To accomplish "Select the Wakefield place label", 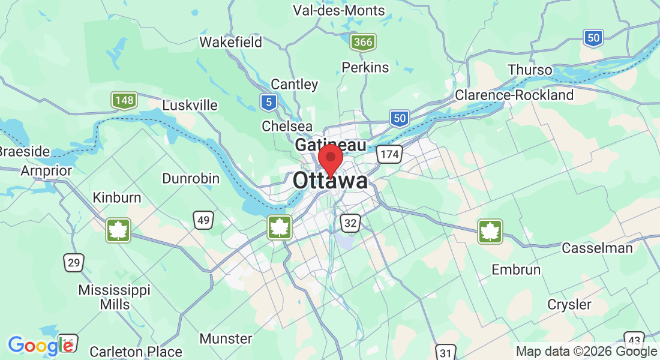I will tap(231, 42).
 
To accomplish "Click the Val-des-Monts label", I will tap(338, 10).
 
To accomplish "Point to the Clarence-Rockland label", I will tap(514, 95).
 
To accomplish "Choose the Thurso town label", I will tap(530, 70).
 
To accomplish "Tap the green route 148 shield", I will tap(125, 100).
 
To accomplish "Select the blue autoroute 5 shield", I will tap(269, 102).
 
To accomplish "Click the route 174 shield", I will tap(389, 155).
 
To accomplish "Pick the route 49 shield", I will tap(203, 220).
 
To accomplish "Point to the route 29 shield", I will tap(74, 262).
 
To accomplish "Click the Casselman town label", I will tap(597, 248).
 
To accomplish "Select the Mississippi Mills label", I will tap(115, 297).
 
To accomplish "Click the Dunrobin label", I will tap(191, 178).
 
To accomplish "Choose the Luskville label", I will tap(190, 105).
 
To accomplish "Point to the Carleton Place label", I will tap(136, 352).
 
